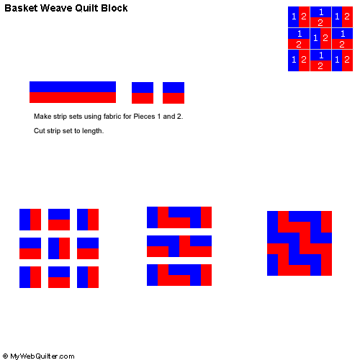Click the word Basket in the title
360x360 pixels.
coord(21,8)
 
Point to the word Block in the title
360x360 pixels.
coord(114,8)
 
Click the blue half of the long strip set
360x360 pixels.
coord(73,86)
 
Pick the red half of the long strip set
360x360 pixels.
coord(73,98)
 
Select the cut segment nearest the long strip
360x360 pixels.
coord(143,93)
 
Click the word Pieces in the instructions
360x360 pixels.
coord(144,117)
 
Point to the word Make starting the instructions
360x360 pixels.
coord(42,117)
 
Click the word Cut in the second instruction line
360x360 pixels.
coord(39,131)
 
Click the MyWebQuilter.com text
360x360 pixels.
coord(42,356)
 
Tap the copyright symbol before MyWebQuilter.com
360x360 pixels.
coord(5,356)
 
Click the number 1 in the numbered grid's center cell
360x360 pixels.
coord(315,38)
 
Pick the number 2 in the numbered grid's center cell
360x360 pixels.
coord(325,38)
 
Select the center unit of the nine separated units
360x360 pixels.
coord(59,248)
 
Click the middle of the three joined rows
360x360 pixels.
coord(179,246)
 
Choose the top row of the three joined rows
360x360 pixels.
coord(179,217)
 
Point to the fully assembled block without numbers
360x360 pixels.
coord(300,243)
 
